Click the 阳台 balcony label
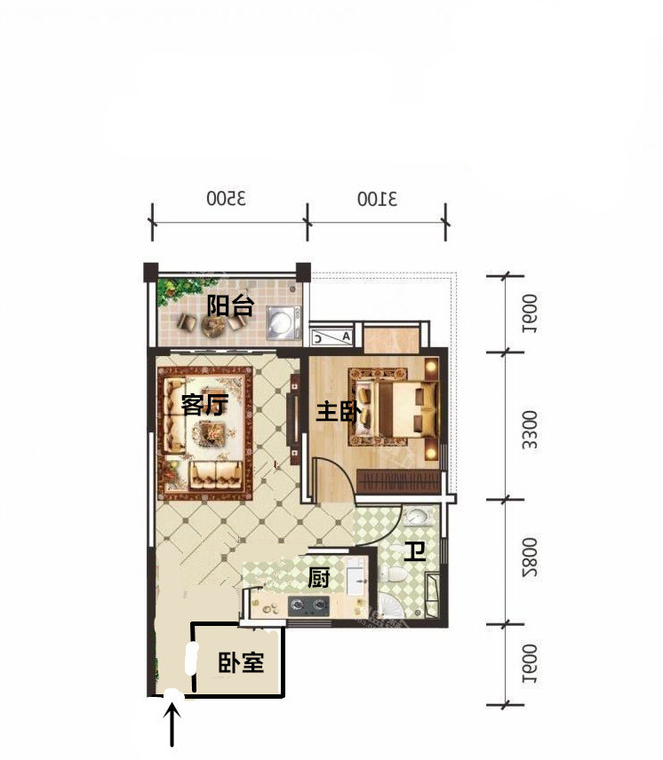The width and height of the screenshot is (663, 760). pos(230,305)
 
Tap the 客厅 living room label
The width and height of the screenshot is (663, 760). pos(204,404)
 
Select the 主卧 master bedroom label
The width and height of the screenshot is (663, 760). pos(339,412)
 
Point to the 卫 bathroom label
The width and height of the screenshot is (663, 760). pos(415,551)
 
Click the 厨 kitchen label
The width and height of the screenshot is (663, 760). pos(319,578)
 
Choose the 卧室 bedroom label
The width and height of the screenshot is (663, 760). pos(241,662)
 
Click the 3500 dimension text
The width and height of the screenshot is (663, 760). pos(227,198)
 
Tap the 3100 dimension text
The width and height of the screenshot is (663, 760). pos(378,199)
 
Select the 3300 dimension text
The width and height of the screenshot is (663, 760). pos(530,430)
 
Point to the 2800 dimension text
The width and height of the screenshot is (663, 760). pos(530,557)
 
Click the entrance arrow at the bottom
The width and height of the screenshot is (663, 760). pos(172,725)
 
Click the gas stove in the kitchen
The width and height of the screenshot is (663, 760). pos(308,606)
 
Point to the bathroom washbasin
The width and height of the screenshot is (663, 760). pos(418,516)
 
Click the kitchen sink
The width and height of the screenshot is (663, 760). pos(357,577)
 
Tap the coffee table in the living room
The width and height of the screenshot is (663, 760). pos(210,433)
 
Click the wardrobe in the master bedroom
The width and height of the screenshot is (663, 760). pos(399,481)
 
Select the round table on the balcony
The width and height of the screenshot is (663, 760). pos(212,326)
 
